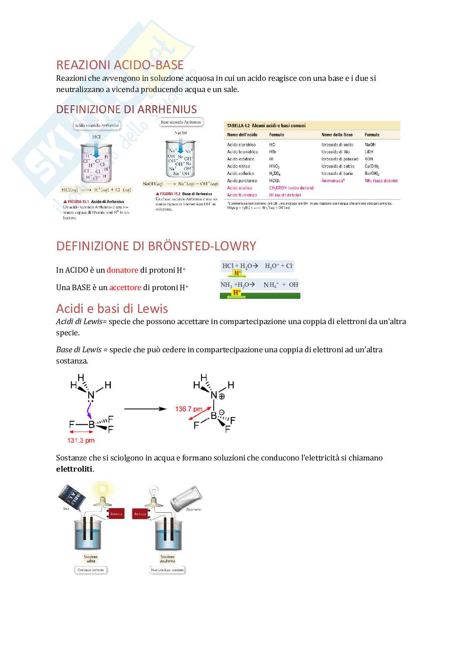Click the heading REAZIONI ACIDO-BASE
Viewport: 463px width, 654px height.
click(120, 65)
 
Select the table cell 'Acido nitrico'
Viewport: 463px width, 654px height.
click(239, 166)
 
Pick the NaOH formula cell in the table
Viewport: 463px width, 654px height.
click(370, 145)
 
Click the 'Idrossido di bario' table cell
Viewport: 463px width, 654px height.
click(337, 173)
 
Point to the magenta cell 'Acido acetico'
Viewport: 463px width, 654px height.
click(239, 188)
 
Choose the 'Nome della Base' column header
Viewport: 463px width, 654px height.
click(337, 135)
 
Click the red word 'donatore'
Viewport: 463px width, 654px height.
click(122, 270)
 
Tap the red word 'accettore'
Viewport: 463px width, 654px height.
click(125, 288)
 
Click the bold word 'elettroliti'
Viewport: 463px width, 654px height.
click(74, 469)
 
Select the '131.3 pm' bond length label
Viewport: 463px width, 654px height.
click(81, 440)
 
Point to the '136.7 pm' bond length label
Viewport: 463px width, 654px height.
click(188, 409)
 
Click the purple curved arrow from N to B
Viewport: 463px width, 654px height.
click(89, 412)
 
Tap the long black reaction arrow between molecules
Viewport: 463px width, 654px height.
click(145, 409)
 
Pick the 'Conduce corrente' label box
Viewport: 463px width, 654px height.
click(91, 570)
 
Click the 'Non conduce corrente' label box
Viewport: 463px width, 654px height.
click(168, 570)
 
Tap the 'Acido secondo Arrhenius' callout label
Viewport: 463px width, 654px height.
click(97, 125)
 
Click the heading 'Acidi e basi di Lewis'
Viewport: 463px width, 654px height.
click(112, 309)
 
